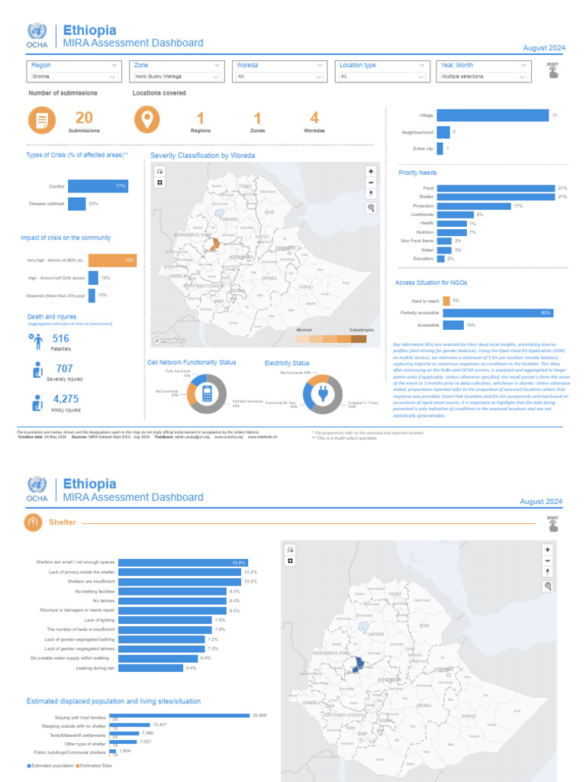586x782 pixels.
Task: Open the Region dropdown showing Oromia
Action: (74, 76)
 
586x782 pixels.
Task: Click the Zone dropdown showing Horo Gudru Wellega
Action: (178, 76)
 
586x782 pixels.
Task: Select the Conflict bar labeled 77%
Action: (98, 186)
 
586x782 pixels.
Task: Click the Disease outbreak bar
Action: (76, 204)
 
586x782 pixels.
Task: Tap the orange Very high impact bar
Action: (112, 260)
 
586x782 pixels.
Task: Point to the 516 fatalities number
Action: (60, 338)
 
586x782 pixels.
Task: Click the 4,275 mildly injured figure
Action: (66, 399)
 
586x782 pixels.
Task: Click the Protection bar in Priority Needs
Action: (473, 206)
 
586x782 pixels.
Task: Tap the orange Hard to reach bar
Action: (446, 301)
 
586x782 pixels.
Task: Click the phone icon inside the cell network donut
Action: (205, 393)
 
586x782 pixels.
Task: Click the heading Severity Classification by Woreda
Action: (202, 155)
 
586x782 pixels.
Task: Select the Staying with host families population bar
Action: (181, 716)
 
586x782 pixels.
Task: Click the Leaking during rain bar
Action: (151, 668)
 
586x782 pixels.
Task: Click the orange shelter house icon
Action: (33, 522)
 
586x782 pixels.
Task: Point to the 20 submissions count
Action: (84, 118)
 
